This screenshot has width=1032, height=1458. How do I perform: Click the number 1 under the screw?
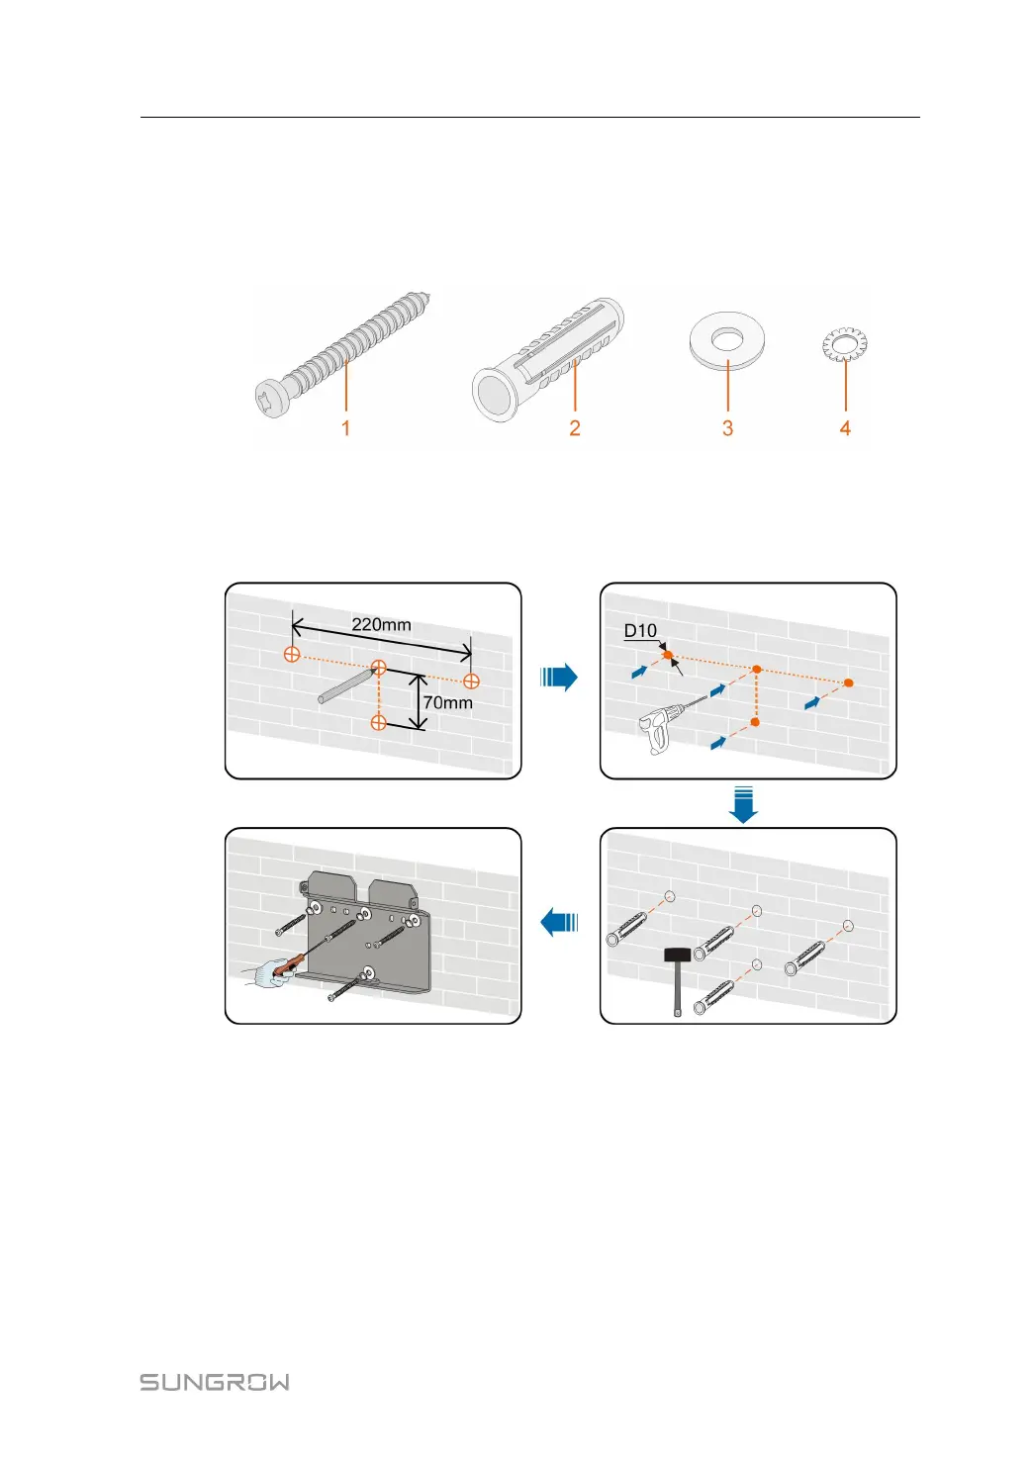click(x=345, y=428)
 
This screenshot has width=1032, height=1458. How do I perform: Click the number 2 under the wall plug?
click(x=574, y=428)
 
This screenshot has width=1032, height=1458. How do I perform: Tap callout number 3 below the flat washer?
click(x=727, y=428)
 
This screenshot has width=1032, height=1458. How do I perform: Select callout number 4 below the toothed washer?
click(x=845, y=428)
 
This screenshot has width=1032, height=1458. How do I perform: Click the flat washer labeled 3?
click(x=728, y=341)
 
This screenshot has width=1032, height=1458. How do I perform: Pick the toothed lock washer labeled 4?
click(x=844, y=345)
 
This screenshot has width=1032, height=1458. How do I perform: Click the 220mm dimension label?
click(x=381, y=624)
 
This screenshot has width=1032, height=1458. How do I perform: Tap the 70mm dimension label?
click(x=447, y=702)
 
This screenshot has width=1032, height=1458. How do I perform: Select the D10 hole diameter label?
click(x=640, y=631)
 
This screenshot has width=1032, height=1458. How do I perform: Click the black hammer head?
click(x=677, y=955)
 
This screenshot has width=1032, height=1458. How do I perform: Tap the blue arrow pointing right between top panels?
click(x=559, y=678)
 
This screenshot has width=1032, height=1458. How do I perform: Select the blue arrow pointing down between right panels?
click(x=743, y=804)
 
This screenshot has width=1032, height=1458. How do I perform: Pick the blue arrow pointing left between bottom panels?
click(x=559, y=922)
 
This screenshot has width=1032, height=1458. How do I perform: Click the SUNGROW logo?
click(x=215, y=1382)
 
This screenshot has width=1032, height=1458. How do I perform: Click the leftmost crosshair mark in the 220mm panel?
click(x=292, y=654)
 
